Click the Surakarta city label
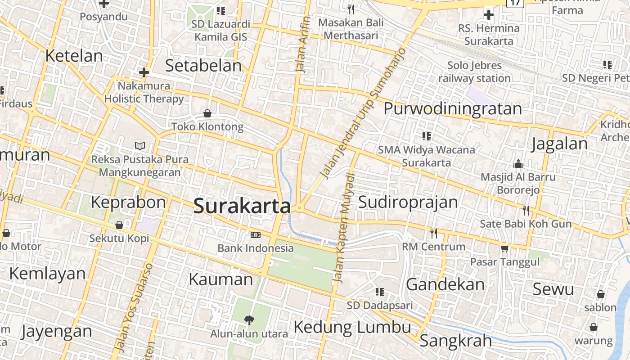(242, 206)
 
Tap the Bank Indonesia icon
(255, 234)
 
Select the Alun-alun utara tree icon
(248, 320)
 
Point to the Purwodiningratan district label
(452, 108)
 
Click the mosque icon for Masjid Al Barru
(518, 163)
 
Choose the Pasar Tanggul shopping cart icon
(504, 248)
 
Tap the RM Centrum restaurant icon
(434, 233)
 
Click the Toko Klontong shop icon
(207, 113)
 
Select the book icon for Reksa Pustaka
(140, 146)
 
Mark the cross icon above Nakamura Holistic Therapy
(144, 72)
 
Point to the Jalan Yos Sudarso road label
(134, 307)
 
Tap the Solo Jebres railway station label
(474, 72)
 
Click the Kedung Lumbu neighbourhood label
(352, 327)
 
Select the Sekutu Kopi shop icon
(119, 225)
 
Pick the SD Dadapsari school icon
(380, 292)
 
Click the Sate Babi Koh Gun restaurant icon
(526, 210)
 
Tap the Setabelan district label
(203, 66)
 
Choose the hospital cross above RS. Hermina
(488, 15)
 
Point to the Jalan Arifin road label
(302, 44)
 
